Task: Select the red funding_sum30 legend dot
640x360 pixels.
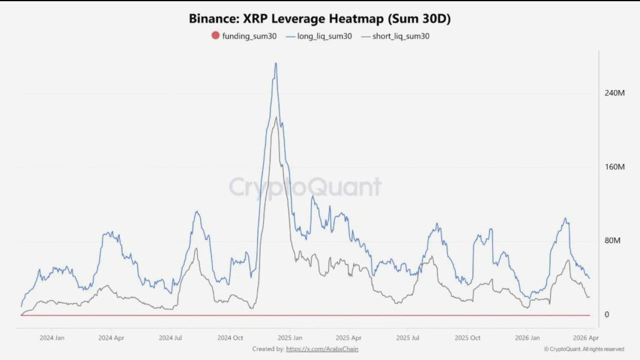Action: click(x=216, y=36)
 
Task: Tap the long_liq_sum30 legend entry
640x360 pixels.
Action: click(x=319, y=36)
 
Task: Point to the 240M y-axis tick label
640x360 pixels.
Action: click(x=615, y=93)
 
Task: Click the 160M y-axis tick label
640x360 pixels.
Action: click(x=615, y=167)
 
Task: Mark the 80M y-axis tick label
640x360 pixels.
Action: click(x=612, y=241)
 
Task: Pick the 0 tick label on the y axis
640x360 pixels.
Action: click(x=607, y=314)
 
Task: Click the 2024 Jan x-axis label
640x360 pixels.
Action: click(x=52, y=338)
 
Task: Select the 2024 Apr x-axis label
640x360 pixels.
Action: click(x=111, y=338)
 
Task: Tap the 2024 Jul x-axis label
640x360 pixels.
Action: click(x=170, y=338)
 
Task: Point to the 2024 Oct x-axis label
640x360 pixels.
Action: click(x=229, y=338)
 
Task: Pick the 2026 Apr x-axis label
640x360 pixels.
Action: click(x=585, y=338)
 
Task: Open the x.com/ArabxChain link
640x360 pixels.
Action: click(x=322, y=349)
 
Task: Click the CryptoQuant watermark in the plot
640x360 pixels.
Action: click(x=305, y=187)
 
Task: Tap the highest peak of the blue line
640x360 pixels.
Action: click(x=276, y=63)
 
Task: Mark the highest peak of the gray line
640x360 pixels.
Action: click(x=276, y=117)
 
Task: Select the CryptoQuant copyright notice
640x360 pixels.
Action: click(x=584, y=349)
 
